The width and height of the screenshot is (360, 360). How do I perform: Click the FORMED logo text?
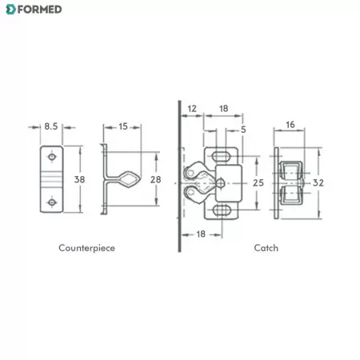[39, 10]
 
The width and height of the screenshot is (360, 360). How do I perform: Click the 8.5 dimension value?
[51, 126]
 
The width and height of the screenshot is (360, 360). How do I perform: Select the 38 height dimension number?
[79, 179]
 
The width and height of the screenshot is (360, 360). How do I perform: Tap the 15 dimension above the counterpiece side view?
[123, 126]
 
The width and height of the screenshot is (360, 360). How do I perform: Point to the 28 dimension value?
[155, 179]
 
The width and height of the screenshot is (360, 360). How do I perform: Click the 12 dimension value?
[192, 109]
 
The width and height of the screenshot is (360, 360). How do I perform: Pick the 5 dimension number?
[243, 130]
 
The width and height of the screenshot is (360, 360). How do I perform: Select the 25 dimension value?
[258, 183]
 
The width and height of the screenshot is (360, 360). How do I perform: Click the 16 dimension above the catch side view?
[290, 125]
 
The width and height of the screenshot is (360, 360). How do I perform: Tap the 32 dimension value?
[318, 183]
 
